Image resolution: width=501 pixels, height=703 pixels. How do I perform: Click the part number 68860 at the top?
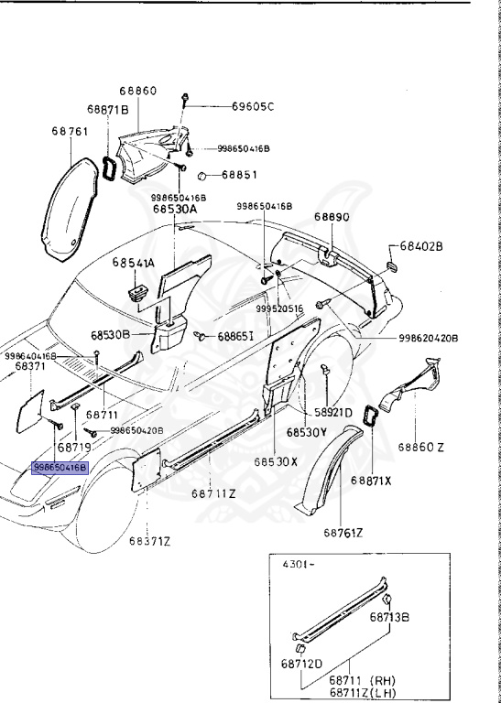tap(137, 92)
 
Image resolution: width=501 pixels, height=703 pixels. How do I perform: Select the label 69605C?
tap(252, 106)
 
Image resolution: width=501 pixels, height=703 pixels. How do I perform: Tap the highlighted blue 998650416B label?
tap(60, 467)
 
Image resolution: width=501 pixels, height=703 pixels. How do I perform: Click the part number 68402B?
tap(421, 247)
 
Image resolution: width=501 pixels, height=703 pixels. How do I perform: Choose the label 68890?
tap(332, 217)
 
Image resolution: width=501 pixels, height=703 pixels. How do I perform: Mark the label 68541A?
tap(134, 263)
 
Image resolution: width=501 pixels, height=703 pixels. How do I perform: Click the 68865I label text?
tap(241, 337)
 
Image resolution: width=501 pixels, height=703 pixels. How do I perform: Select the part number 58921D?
tap(334, 413)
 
